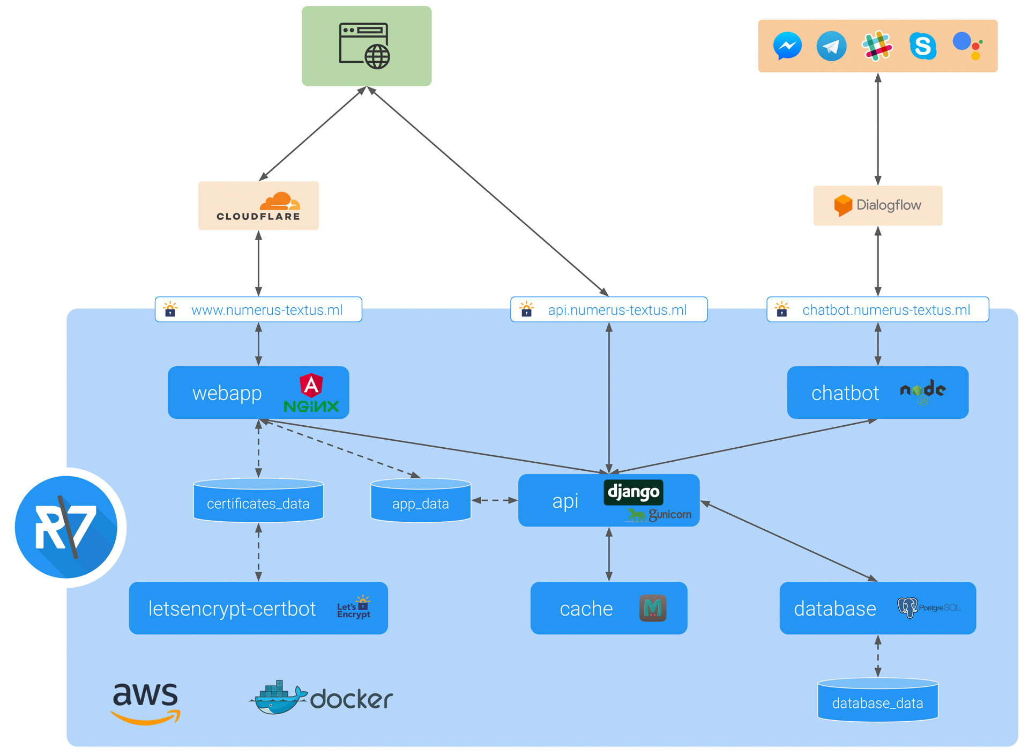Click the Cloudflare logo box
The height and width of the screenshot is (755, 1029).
(258, 206)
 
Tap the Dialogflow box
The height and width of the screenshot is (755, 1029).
(877, 205)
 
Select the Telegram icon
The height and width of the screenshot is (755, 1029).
(831, 46)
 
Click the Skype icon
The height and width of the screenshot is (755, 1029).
(922, 46)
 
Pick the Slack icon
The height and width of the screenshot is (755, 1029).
(877, 46)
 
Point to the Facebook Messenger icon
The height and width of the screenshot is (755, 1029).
(787, 46)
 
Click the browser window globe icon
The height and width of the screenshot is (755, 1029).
(365, 46)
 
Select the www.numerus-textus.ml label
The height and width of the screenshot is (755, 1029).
(266, 310)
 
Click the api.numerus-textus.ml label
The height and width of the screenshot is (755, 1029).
(617, 310)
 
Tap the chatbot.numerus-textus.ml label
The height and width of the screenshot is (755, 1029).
(885, 310)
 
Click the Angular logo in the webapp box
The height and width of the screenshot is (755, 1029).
(311, 384)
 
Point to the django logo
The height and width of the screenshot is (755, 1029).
(633, 492)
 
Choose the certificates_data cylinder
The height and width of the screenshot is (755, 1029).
(258, 501)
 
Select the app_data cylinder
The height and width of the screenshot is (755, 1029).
(421, 501)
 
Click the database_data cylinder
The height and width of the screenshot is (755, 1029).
(877, 700)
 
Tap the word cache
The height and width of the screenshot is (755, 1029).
(586, 609)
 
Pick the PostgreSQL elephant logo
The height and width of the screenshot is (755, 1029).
(907, 608)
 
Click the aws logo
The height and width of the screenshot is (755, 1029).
(145, 703)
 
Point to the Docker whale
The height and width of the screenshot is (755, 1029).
(277, 698)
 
